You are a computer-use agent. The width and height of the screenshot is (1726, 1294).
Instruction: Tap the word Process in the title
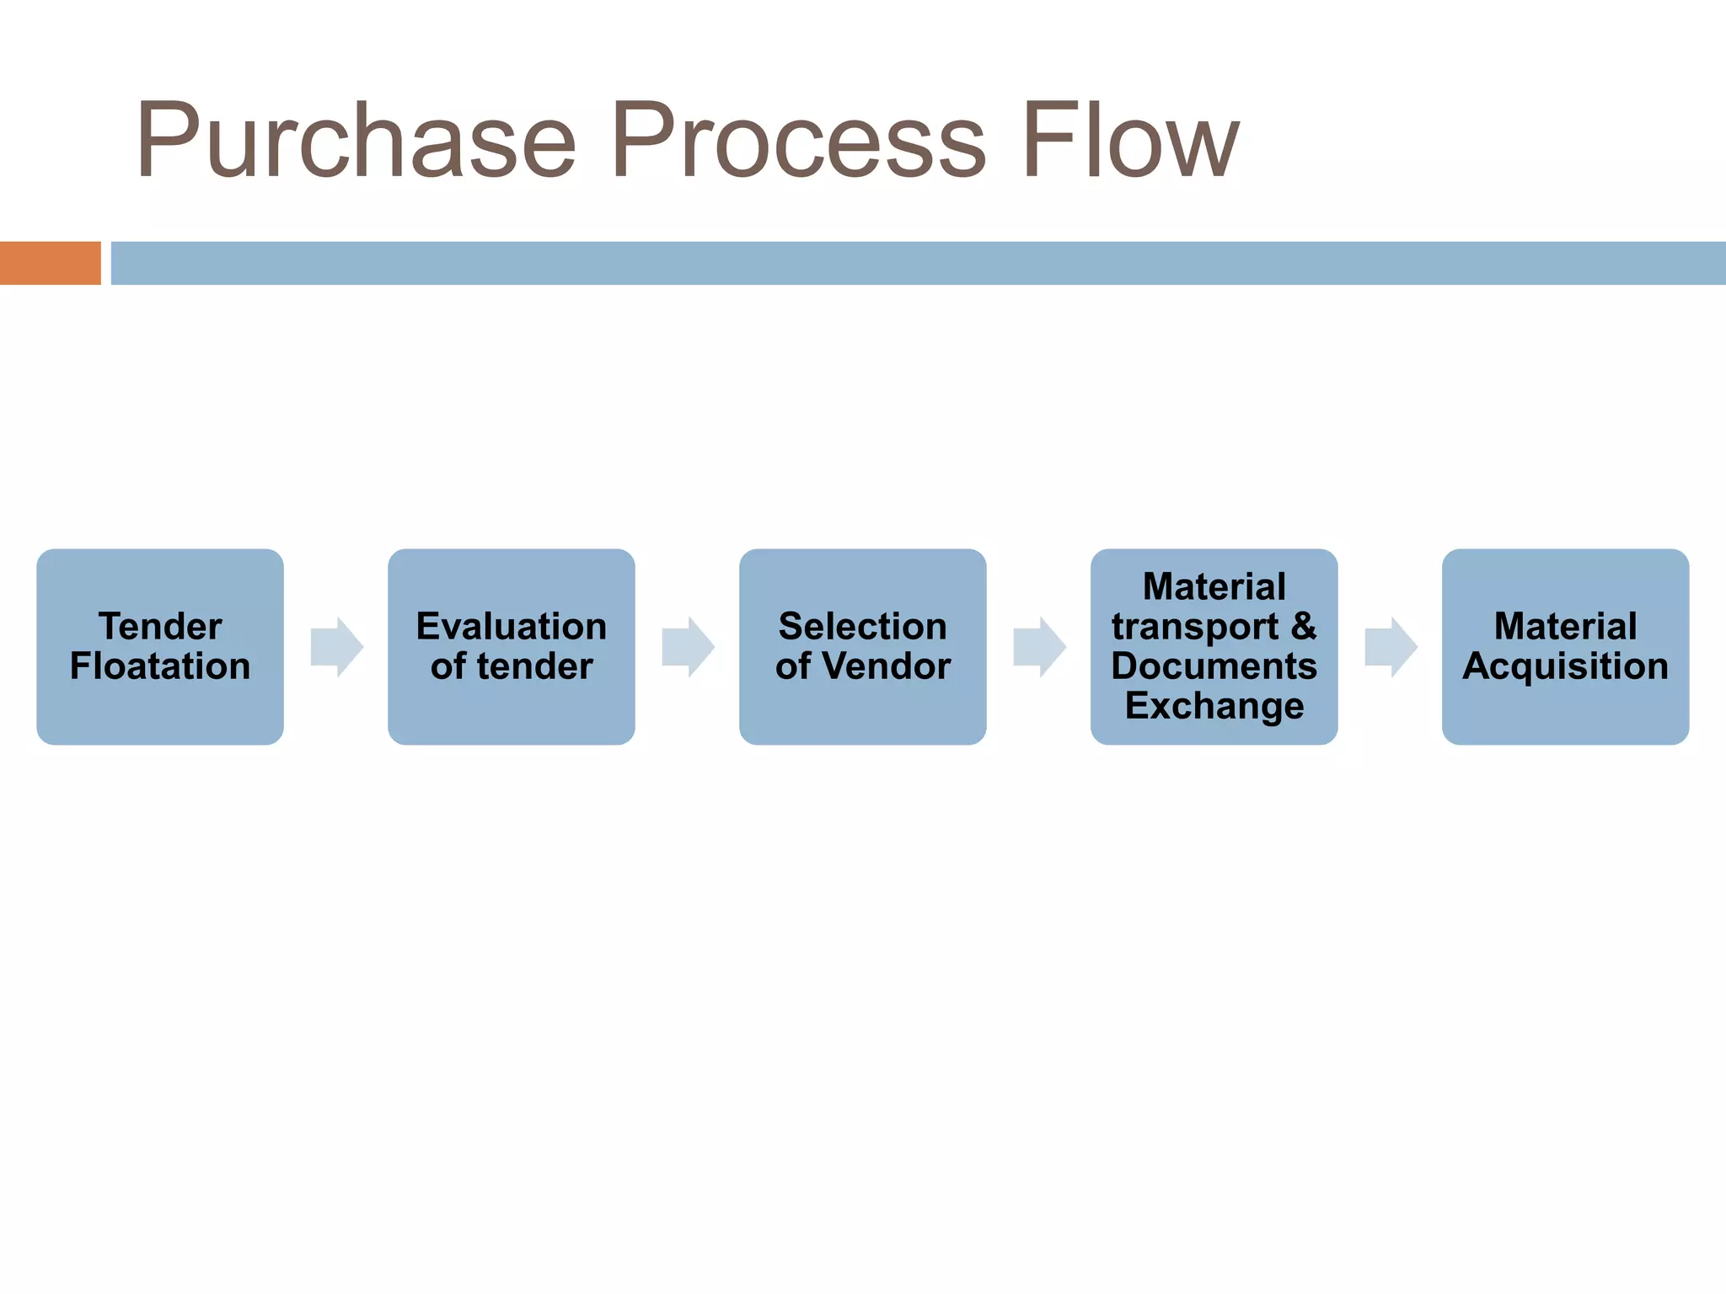click(x=797, y=142)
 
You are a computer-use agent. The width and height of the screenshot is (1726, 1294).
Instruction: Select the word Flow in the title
click(x=1129, y=142)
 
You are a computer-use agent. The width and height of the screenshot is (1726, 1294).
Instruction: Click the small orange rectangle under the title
click(x=50, y=263)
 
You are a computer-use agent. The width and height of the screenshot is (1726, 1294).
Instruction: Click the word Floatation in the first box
click(x=160, y=666)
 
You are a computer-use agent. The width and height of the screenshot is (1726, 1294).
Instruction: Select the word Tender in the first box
click(x=160, y=627)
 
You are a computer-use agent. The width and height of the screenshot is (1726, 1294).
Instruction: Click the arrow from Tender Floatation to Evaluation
click(x=337, y=647)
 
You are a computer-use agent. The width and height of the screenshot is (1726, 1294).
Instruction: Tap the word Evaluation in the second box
click(x=511, y=627)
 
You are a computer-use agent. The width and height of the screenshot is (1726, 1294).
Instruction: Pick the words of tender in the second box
click(x=511, y=666)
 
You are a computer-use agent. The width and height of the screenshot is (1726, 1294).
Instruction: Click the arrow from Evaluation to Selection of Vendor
click(x=689, y=647)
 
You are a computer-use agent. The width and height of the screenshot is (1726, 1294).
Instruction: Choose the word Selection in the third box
click(x=862, y=627)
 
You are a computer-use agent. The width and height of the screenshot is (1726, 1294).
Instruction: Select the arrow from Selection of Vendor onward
click(x=1040, y=647)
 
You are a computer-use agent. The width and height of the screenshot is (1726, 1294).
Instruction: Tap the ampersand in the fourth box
click(x=1303, y=627)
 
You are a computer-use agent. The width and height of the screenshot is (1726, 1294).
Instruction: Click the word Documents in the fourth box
click(x=1214, y=666)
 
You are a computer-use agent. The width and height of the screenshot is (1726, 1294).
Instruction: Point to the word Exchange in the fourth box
click(x=1214, y=706)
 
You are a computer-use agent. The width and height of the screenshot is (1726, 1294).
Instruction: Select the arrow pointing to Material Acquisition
click(x=1391, y=647)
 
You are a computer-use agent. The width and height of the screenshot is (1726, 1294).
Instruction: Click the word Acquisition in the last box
click(x=1565, y=666)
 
